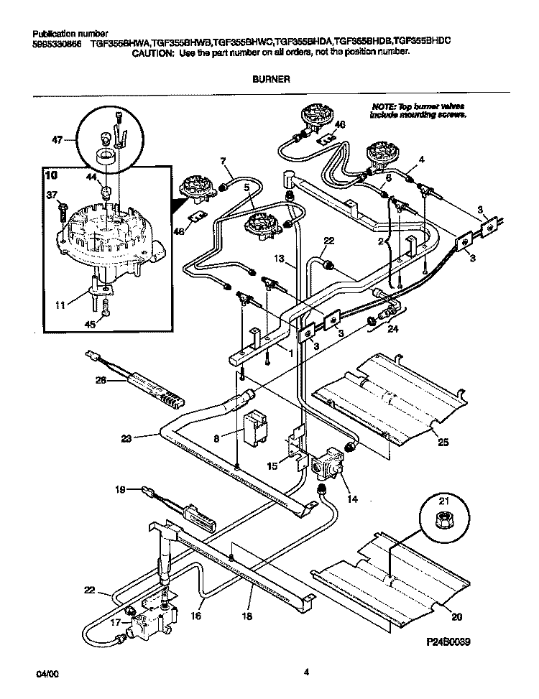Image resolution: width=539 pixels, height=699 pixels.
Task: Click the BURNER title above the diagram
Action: tap(271, 80)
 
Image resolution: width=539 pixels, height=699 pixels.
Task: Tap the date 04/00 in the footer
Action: tap(45, 673)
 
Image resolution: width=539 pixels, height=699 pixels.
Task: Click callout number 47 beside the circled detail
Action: tap(57, 141)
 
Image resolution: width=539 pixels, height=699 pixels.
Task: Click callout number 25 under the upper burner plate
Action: tap(443, 443)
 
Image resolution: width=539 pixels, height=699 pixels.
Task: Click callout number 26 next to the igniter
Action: tap(101, 381)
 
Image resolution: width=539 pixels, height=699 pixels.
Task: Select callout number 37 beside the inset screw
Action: tap(51, 194)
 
